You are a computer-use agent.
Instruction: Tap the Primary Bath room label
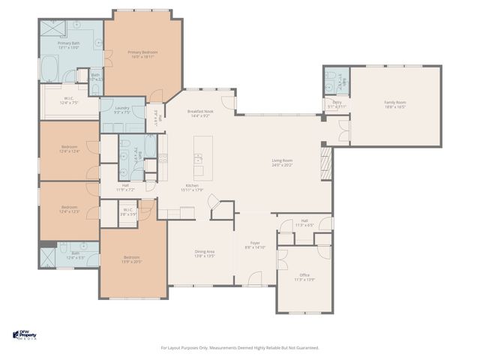pyautogui.click(x=68, y=44)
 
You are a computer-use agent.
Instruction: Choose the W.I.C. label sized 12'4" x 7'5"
pyautogui.click(x=68, y=100)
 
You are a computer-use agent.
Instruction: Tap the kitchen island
pyautogui.click(x=202, y=153)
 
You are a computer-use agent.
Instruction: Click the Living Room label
pyautogui.click(x=282, y=160)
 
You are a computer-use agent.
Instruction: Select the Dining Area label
pyautogui.click(x=205, y=252)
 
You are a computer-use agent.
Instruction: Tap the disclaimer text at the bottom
pyautogui.click(x=240, y=347)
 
